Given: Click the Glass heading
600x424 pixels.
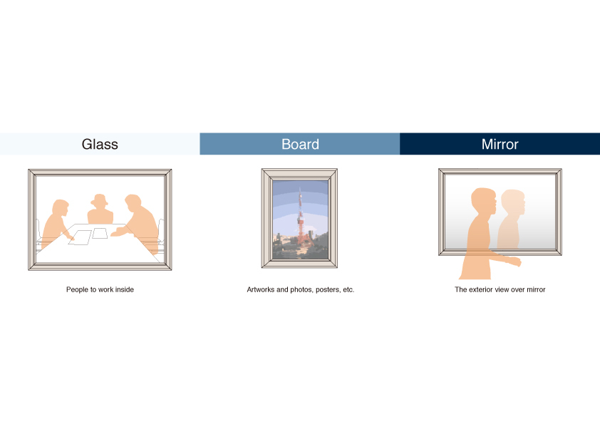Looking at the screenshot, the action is pyautogui.click(x=100, y=144).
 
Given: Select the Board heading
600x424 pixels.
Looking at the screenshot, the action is pyautogui.click(x=301, y=144).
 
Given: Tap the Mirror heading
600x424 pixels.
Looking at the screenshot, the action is pyautogui.click(x=500, y=144).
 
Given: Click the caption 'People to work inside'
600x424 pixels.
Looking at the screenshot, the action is pyautogui.click(x=100, y=290).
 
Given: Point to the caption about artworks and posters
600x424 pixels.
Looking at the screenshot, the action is pyautogui.click(x=301, y=290).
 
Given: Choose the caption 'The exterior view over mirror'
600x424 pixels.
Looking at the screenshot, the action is pyautogui.click(x=500, y=290).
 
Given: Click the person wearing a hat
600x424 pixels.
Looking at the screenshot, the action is pyautogui.click(x=100, y=210).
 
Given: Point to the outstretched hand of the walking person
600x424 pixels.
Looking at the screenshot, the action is pyautogui.click(x=514, y=262).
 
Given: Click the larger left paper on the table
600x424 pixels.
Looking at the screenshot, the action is pyautogui.click(x=80, y=237).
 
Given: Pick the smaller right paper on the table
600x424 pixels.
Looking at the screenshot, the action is pyautogui.click(x=100, y=233).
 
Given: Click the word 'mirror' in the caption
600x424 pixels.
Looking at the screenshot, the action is pyautogui.click(x=536, y=290).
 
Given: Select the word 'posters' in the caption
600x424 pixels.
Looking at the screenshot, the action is pyautogui.click(x=328, y=290).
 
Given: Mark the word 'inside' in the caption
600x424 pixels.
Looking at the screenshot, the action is pyautogui.click(x=124, y=290).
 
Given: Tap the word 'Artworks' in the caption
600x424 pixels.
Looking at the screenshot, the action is pyautogui.click(x=261, y=290).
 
